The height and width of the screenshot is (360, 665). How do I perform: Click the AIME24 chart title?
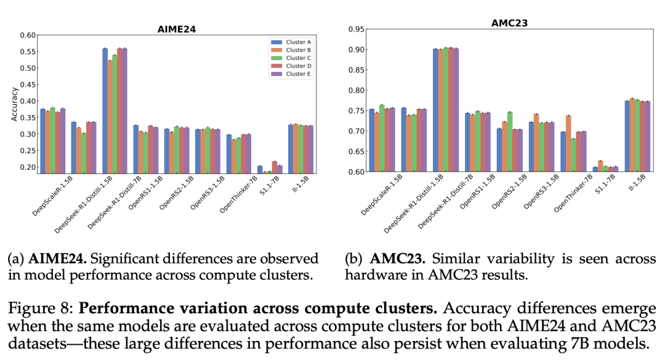pos(177,29)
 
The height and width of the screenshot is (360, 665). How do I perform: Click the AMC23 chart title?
pos(509,23)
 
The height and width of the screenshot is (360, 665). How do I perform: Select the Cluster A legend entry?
pos(298,42)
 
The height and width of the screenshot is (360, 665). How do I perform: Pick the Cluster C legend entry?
pos(298,58)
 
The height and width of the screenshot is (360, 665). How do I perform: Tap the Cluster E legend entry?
pos(298,74)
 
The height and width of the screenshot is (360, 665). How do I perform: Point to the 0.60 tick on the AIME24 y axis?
pos(27,35)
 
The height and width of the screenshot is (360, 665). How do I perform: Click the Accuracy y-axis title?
pos(14,103)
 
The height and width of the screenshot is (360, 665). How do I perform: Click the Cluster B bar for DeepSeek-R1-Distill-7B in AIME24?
pos(110,116)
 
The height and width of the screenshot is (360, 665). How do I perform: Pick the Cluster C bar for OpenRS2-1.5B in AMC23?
pos(509,142)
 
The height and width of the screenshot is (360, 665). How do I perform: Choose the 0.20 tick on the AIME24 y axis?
pos(27,167)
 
